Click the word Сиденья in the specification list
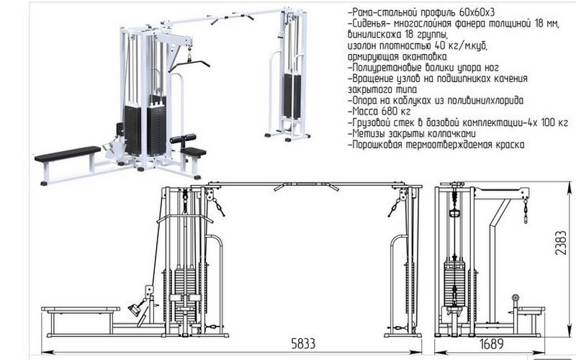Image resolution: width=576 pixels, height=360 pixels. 372,24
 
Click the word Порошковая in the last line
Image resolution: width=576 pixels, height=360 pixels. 380,145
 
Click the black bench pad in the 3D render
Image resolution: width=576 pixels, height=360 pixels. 68,153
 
